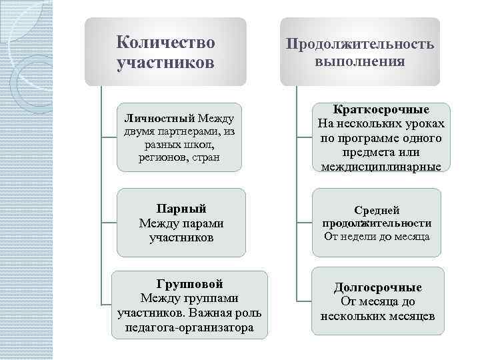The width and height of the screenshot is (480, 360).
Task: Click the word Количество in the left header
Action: coord(165,43)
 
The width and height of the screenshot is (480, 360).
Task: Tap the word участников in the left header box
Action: coord(165,64)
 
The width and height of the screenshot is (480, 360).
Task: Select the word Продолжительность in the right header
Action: coord(360,45)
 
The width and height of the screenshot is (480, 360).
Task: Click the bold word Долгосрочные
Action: coord(377,287)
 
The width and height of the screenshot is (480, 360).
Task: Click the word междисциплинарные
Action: coord(382,167)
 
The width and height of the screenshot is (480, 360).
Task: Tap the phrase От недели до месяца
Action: coord(377,236)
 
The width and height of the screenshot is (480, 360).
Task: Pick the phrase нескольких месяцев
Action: coord(377,316)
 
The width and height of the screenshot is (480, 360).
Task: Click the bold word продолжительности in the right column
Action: coord(377,223)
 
